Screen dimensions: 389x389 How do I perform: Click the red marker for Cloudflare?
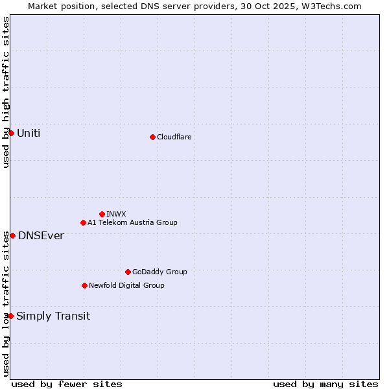[152, 137]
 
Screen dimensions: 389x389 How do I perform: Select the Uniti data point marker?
[11, 133]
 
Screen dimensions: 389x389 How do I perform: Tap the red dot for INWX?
[102, 214]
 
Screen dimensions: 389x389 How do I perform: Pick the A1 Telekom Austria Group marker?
[83, 222]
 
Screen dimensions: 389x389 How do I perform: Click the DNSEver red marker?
[12, 235]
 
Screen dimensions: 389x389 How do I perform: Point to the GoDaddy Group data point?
[128, 272]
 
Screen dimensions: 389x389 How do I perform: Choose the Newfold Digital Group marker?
[84, 285]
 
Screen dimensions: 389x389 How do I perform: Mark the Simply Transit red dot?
[10, 316]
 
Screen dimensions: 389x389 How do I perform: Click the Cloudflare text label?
[174, 137]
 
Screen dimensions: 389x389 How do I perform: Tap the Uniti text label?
[29, 133]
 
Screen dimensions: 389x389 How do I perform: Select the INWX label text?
[117, 214]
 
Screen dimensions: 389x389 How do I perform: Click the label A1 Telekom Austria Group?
[132, 222]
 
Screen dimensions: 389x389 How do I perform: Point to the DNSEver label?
[41, 235]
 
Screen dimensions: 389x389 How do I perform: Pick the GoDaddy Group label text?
[159, 272]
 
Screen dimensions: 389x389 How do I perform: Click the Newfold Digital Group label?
[126, 285]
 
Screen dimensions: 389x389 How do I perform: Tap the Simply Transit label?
[53, 316]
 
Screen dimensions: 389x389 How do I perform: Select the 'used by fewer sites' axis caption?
[67, 384]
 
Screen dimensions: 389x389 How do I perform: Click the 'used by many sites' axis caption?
[325, 384]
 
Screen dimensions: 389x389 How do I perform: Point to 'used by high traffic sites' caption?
[6, 92]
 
